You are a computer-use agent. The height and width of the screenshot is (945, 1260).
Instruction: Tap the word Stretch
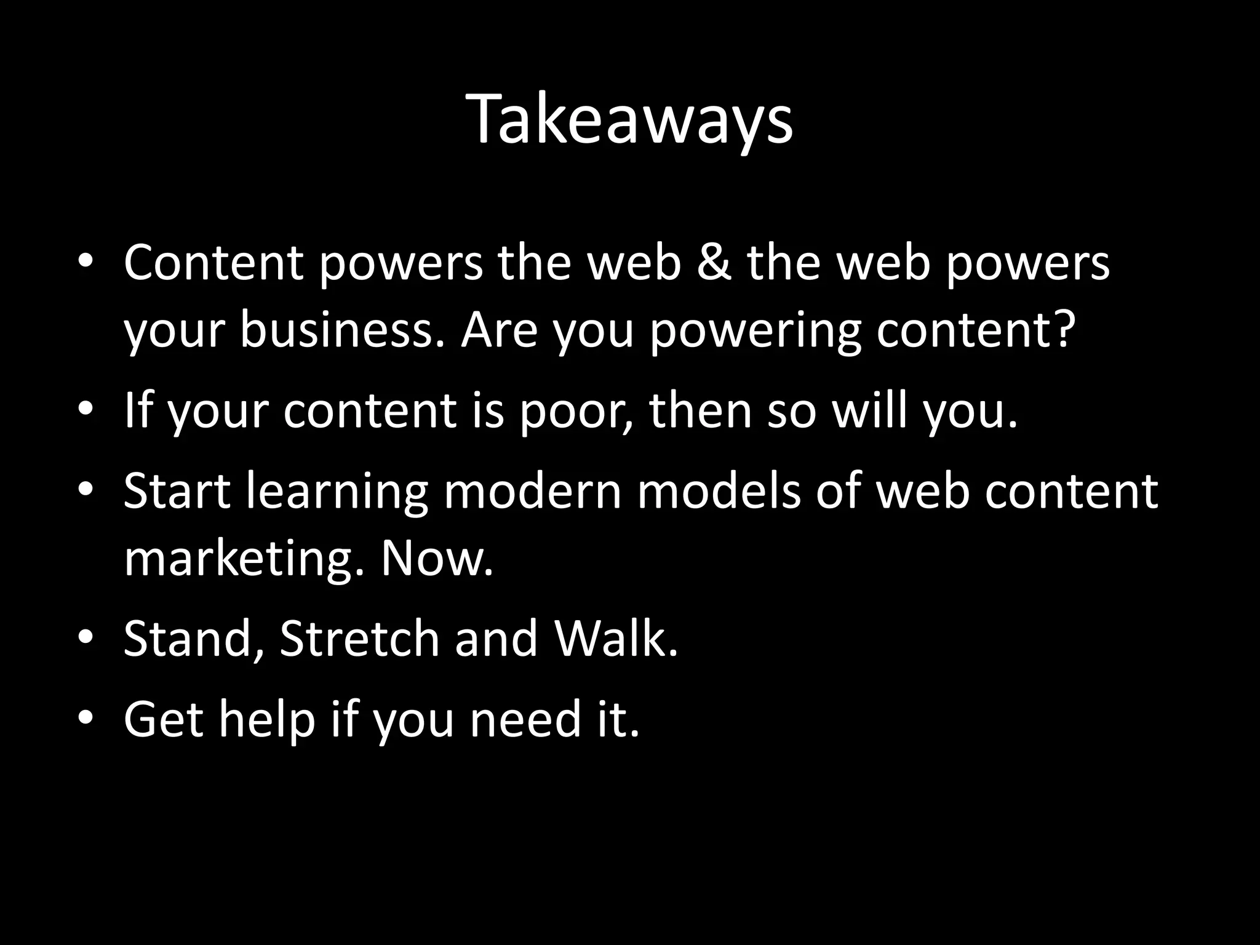point(359,639)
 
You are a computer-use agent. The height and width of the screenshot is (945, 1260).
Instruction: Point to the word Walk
point(616,639)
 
